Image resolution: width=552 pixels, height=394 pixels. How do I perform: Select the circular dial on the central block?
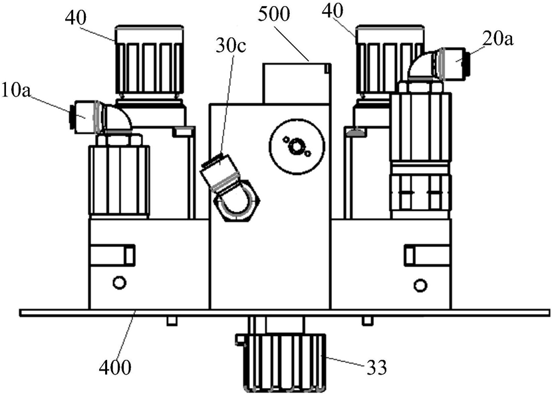(x=297, y=145)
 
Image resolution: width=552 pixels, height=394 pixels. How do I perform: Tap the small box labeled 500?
(x=296, y=83)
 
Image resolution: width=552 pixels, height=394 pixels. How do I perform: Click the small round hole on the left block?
(x=119, y=284)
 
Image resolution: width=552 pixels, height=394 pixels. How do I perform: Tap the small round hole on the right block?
(x=420, y=285)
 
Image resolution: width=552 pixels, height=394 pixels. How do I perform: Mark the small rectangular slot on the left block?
(x=112, y=255)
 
